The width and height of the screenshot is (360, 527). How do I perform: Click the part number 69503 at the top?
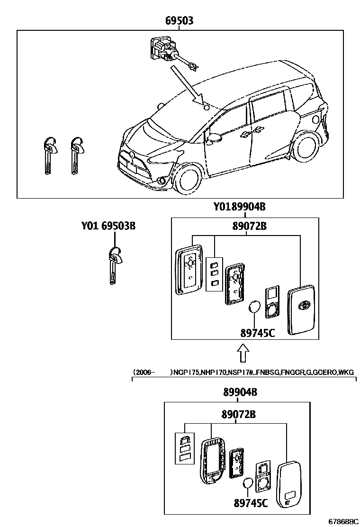coord(179,21)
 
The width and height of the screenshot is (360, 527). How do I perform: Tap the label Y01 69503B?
coord(108,226)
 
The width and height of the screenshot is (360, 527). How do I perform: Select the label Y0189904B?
coord(239,207)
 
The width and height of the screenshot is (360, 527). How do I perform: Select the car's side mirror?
coord(214,138)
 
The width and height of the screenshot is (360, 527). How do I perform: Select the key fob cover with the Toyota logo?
coord(301,310)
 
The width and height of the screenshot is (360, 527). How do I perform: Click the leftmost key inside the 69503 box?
coord(49,155)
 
